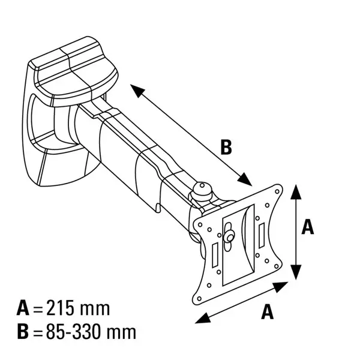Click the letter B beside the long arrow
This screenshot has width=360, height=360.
[226, 147]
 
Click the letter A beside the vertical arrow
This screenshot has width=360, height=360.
[308, 227]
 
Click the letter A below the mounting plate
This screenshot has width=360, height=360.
[268, 311]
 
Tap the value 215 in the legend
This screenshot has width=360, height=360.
[61, 308]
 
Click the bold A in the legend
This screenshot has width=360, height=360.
[23, 308]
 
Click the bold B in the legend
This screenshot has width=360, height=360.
[23, 332]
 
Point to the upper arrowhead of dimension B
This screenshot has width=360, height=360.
[137, 91]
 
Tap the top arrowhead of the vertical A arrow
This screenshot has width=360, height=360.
[296, 192]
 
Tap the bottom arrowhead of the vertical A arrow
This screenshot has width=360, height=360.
[296, 272]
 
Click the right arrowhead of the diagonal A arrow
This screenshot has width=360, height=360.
[281, 286]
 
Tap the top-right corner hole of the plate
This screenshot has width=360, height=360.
[277, 191]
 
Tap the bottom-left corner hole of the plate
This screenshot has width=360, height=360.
[199, 298]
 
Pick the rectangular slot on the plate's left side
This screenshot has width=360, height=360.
[215, 256]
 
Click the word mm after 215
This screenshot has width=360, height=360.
[94, 310]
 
